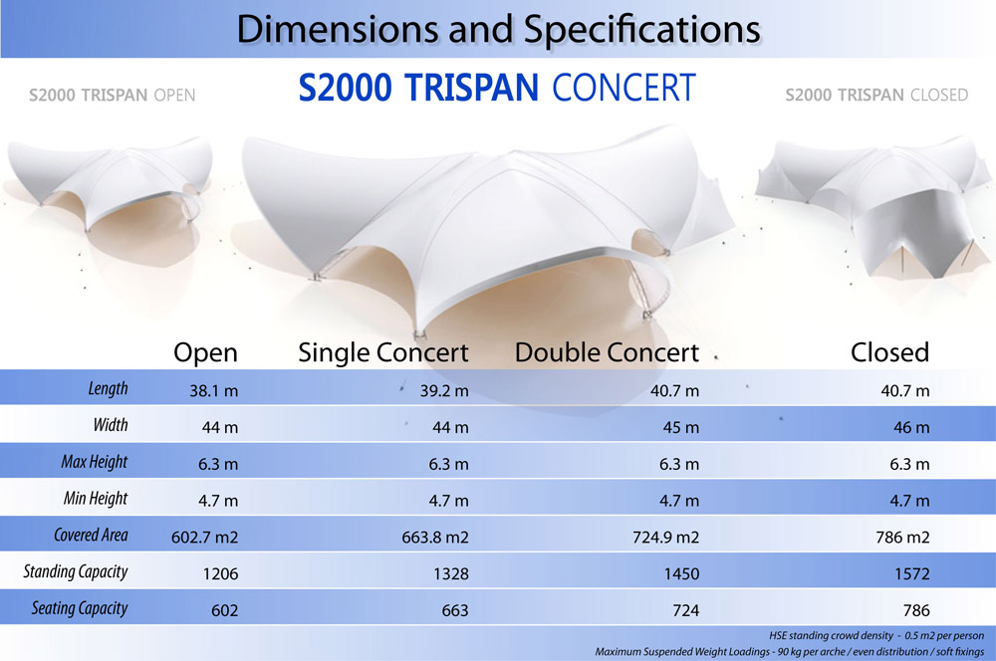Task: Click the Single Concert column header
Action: (383, 352)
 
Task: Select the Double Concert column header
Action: (606, 352)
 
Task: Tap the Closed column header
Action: (889, 352)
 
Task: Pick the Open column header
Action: (205, 352)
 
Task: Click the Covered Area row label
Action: (91, 536)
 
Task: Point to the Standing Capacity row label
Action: (76, 572)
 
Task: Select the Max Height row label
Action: (95, 462)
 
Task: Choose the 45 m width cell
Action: (676, 428)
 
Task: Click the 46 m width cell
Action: (906, 428)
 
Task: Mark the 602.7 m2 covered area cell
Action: (204, 538)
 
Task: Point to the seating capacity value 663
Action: (449, 610)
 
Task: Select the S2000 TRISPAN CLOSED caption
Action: (876, 96)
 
